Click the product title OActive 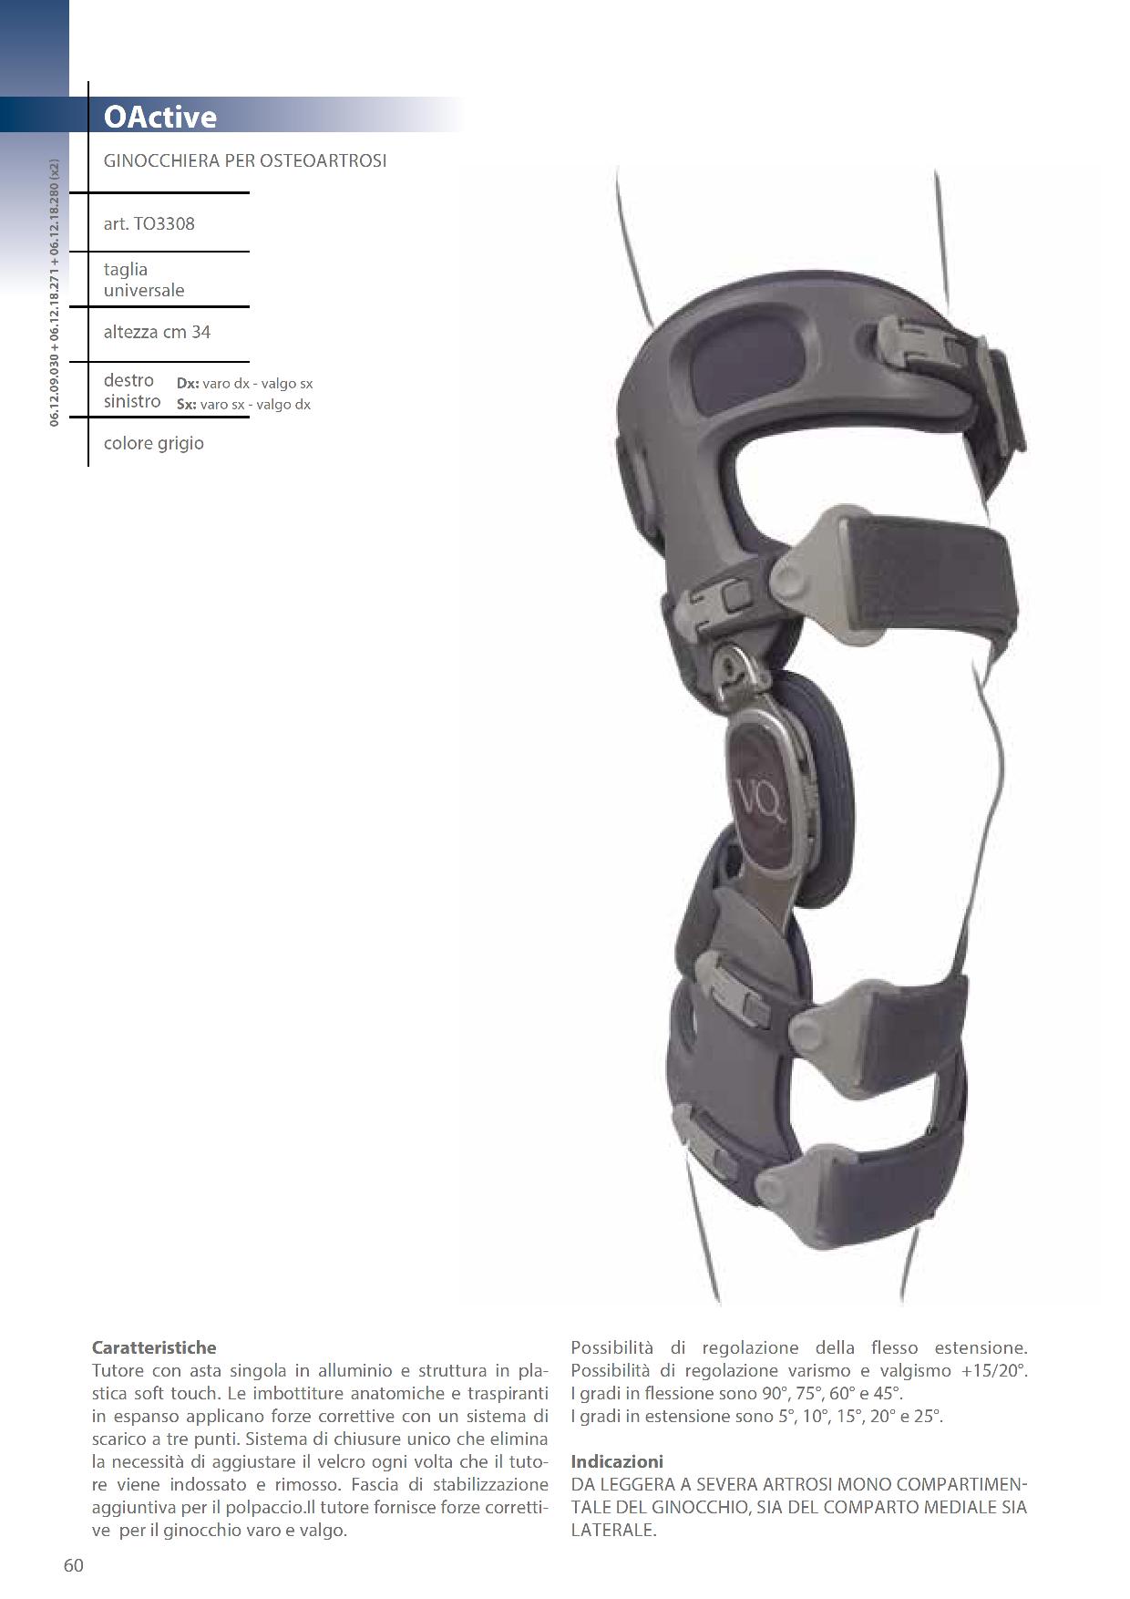(159, 117)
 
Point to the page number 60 (74, 1565)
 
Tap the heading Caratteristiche (154, 1347)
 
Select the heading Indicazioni (617, 1461)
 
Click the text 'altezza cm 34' (157, 332)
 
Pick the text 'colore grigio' (154, 443)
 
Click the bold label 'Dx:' (188, 384)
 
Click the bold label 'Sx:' (187, 405)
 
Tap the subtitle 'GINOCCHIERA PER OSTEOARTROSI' (245, 160)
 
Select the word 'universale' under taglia (144, 291)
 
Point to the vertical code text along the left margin (55, 293)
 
